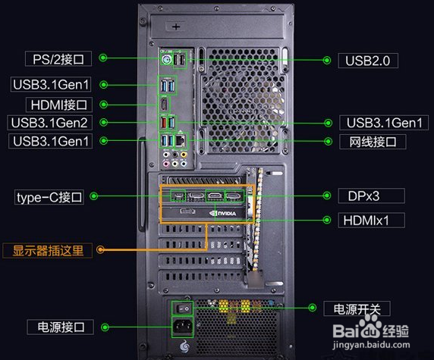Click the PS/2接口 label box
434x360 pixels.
point(58,58)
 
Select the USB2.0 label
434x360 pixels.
point(368,61)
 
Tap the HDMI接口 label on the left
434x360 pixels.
point(59,105)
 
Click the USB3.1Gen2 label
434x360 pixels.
point(49,123)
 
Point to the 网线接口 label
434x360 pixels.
point(373,142)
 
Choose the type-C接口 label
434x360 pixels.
point(49,197)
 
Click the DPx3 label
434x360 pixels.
point(372,196)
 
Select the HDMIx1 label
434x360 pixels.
point(372,221)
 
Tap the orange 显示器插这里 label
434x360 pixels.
point(48,251)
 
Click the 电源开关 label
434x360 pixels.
point(357,308)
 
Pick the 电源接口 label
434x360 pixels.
point(61,327)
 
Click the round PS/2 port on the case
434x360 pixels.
point(166,59)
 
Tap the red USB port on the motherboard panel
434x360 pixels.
point(163,123)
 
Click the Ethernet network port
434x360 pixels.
point(181,140)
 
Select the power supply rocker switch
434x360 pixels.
point(182,308)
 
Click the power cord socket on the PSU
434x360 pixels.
point(182,327)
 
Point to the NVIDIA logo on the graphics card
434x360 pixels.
point(223,213)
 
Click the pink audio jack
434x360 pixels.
point(166,164)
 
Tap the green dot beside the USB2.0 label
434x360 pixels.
point(327,60)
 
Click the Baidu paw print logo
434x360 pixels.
point(370,327)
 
